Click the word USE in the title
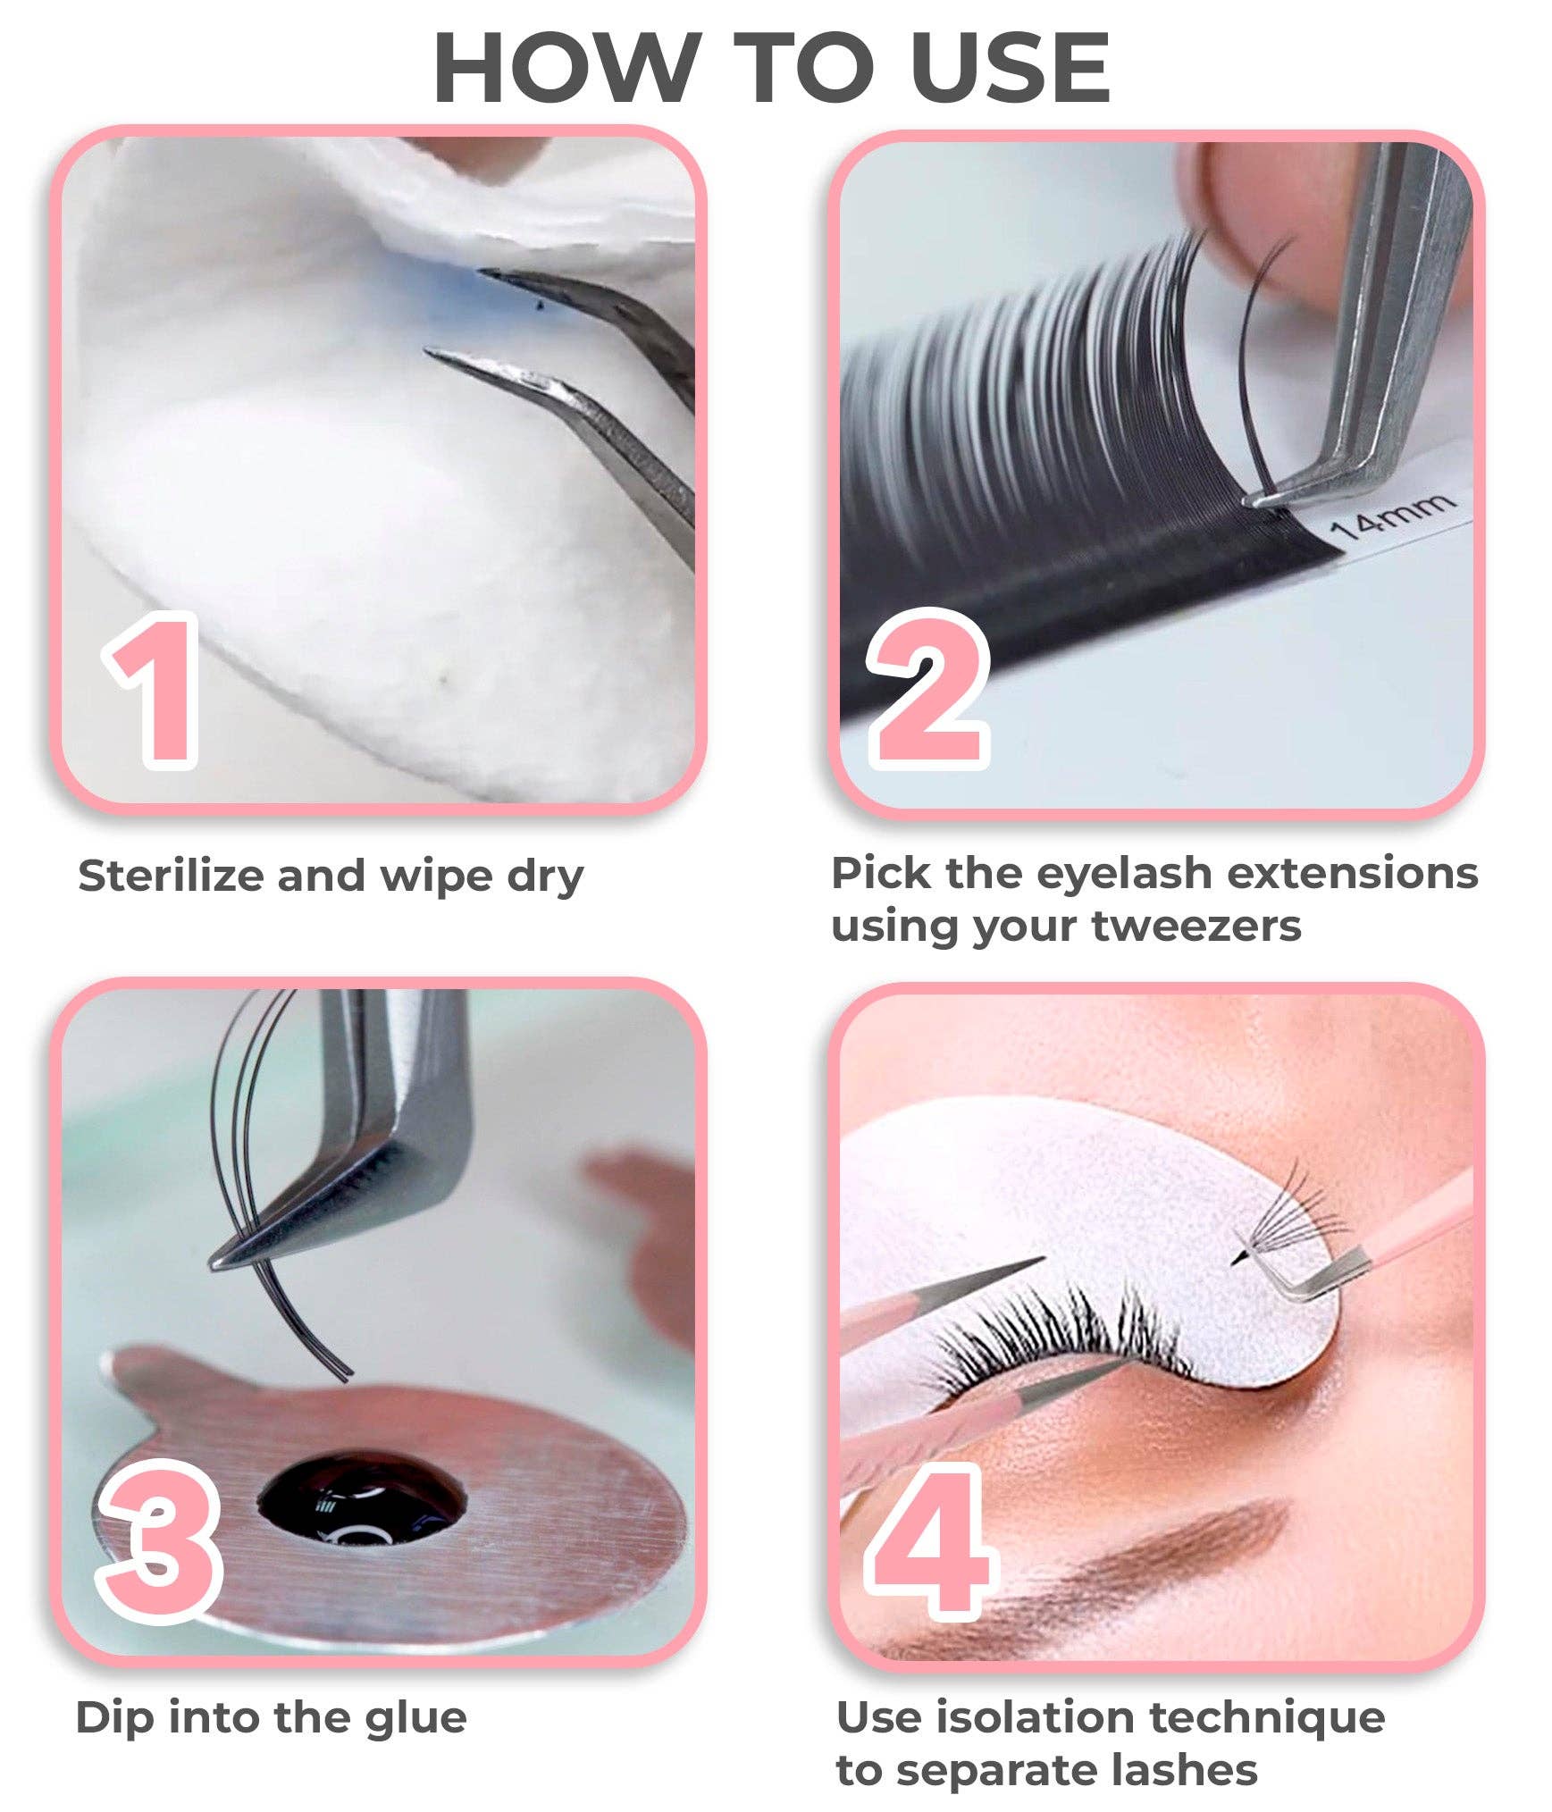click(x=1010, y=69)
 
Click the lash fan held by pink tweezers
click(x=1291, y=1215)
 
